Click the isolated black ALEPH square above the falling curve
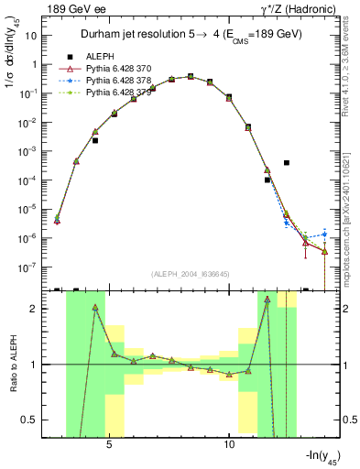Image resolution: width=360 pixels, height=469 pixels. [x=287, y=163]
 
